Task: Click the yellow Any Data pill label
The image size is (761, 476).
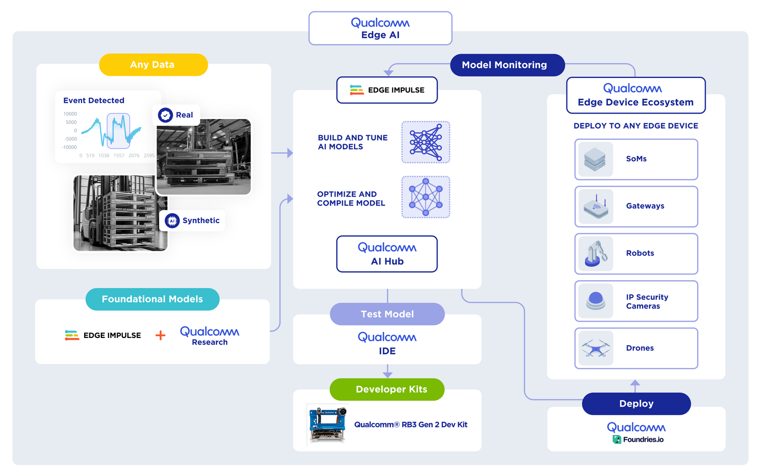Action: (x=153, y=65)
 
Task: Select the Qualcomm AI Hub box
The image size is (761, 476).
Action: (x=387, y=254)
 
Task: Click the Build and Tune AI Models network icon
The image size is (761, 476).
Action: (x=426, y=142)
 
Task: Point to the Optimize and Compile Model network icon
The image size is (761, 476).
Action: (x=426, y=197)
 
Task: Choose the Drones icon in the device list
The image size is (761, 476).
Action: (x=596, y=348)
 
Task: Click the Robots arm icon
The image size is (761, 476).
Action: (x=596, y=254)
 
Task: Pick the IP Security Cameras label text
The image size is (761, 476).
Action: (x=647, y=302)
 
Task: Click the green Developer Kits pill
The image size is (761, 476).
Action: (x=387, y=389)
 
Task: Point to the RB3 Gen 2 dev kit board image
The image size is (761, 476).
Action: (x=327, y=424)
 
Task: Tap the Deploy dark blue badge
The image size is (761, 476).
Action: (x=636, y=404)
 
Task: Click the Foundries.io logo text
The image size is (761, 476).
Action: (x=643, y=439)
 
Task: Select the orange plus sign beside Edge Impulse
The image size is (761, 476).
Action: (x=161, y=336)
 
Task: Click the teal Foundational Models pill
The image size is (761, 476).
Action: (x=152, y=299)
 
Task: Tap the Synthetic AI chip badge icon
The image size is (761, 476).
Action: (x=172, y=221)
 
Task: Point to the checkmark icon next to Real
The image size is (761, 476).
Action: (x=166, y=115)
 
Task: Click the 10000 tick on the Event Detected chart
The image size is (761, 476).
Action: (x=70, y=114)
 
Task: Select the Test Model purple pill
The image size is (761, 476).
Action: (x=387, y=314)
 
